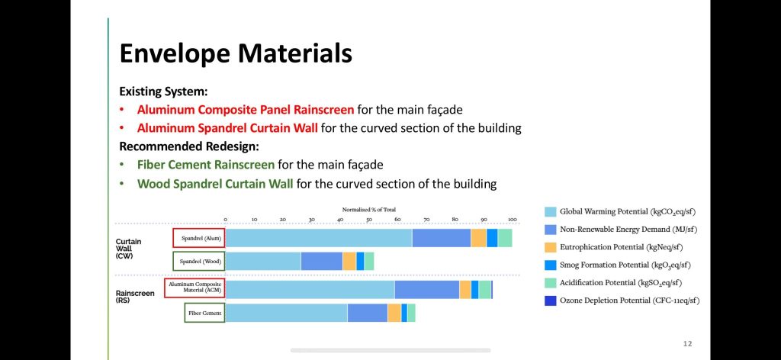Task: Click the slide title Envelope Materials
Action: pos(236,54)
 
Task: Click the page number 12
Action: pos(687,344)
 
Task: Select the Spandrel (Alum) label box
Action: pos(199,238)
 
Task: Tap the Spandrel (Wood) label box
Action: pos(199,261)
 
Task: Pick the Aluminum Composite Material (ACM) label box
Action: pos(194,288)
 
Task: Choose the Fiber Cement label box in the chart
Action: pos(204,313)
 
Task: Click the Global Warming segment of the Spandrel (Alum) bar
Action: pos(319,238)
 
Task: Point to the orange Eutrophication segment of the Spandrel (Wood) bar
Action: pos(349,261)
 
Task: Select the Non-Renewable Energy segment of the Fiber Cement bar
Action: pos(368,313)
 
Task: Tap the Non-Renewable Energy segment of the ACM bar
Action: pos(427,289)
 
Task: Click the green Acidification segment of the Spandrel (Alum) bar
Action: pos(505,238)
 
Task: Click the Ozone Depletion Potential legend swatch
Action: pos(551,301)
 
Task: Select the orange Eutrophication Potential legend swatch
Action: pos(551,247)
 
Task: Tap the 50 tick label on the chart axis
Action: pos(369,220)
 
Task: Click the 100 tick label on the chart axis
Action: pos(512,220)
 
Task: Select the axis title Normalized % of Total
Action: pos(368,210)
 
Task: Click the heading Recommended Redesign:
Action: pos(189,147)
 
